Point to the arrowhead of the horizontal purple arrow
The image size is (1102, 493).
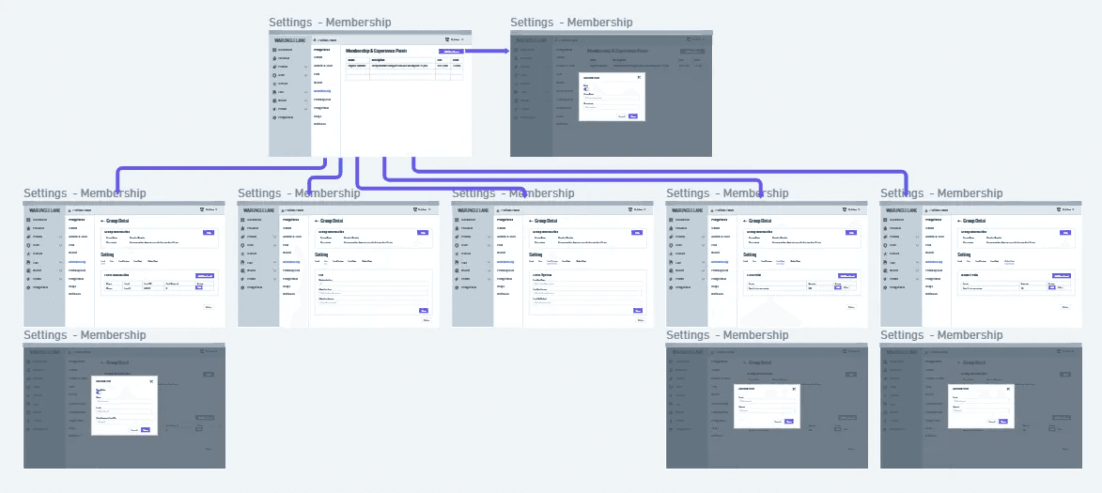coord(505,52)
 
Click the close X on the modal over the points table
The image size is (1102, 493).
coord(639,77)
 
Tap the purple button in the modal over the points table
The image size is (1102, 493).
coord(633,116)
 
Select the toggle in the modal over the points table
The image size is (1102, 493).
coord(586,89)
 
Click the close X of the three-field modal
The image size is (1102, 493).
coord(151,381)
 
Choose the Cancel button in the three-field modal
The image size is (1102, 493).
coord(134,430)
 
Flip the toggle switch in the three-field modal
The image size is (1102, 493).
coord(100,393)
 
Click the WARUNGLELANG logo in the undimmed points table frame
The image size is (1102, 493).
coord(289,40)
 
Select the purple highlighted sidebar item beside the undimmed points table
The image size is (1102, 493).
coord(322,91)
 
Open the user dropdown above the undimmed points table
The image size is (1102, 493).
coord(457,39)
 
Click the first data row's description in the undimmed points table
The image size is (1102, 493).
coord(399,66)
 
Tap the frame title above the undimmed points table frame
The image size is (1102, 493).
coord(330,23)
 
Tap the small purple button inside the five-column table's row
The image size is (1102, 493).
coord(198,288)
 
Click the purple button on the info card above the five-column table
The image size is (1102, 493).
coord(208,232)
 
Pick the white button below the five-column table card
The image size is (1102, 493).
coord(208,307)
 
